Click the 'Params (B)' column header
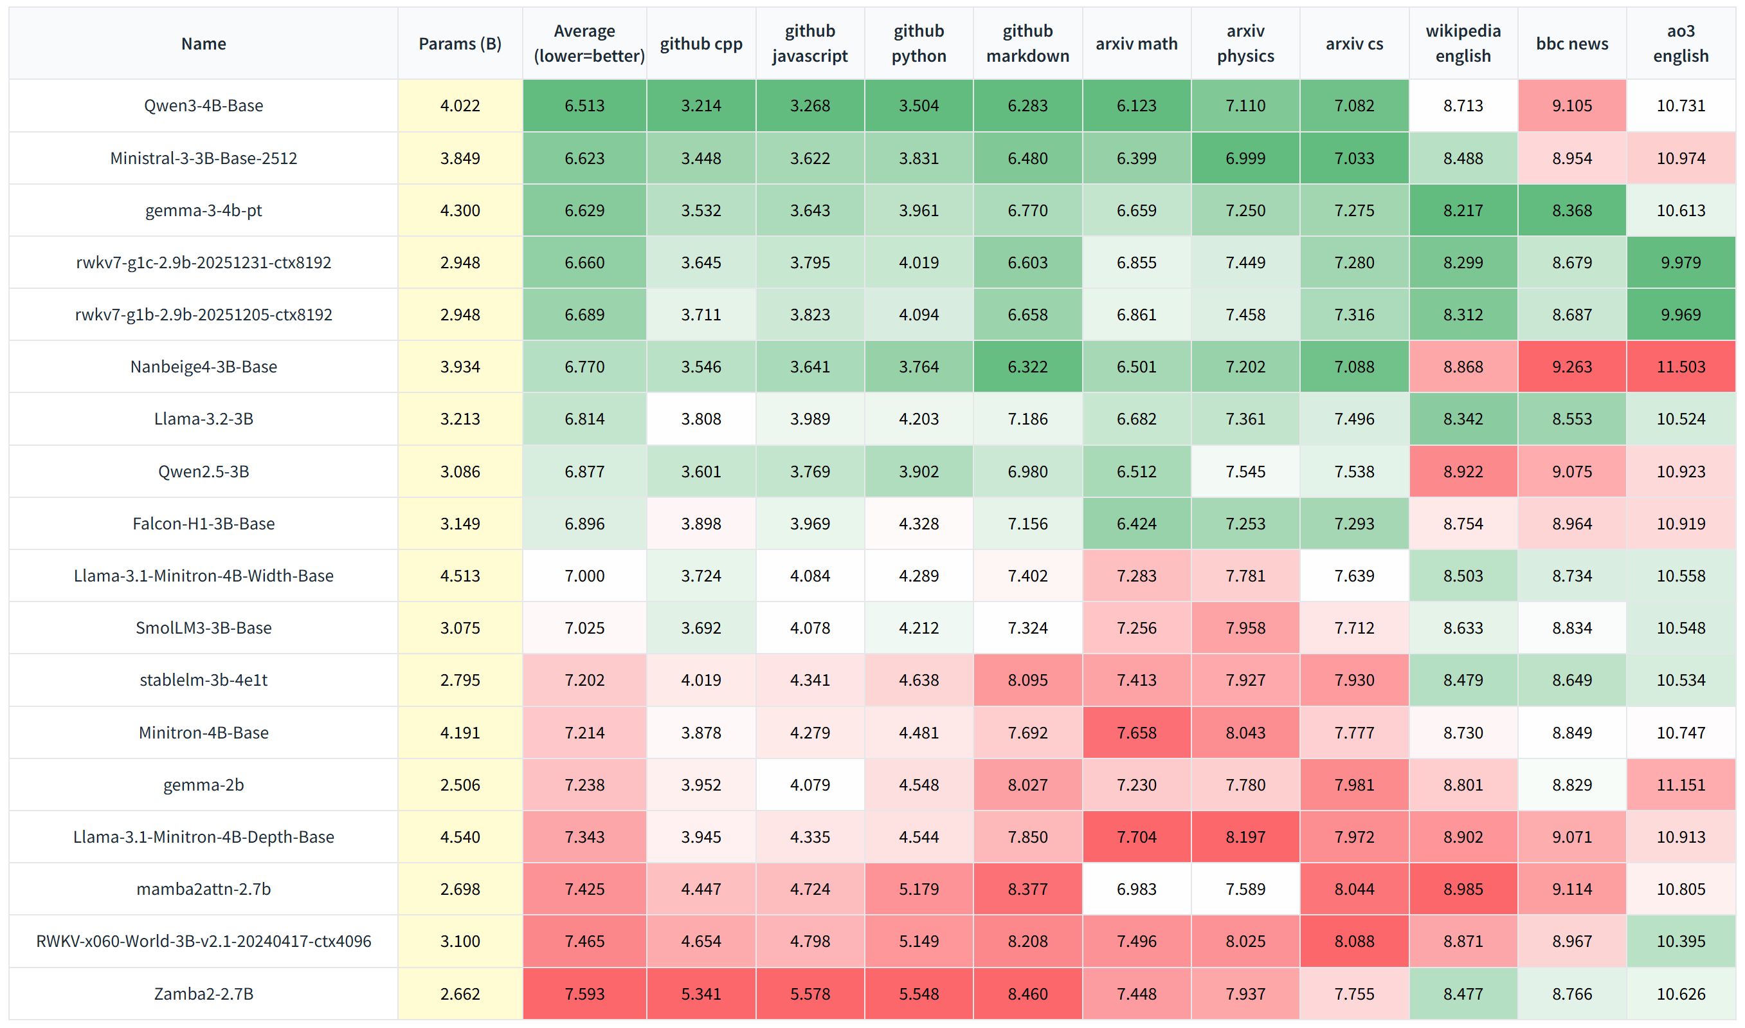(x=460, y=44)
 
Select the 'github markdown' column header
(x=1027, y=44)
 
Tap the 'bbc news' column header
(x=1572, y=44)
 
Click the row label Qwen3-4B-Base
(x=204, y=106)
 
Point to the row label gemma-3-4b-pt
(x=204, y=210)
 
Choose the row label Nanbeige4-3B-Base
(x=204, y=367)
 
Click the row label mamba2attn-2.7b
(x=204, y=889)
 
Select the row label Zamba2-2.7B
(x=204, y=993)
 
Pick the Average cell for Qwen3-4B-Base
(x=584, y=106)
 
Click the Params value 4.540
(x=460, y=837)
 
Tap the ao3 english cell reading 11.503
(x=1681, y=367)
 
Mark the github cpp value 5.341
(x=701, y=993)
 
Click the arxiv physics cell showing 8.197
(x=1245, y=837)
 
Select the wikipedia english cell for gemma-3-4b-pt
(x=1463, y=210)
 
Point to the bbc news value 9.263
(x=1572, y=367)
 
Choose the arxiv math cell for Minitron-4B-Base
(x=1136, y=732)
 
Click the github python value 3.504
(x=919, y=106)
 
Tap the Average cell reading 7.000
(x=584, y=576)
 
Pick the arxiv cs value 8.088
(x=1354, y=941)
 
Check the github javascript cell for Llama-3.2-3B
(x=809, y=418)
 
